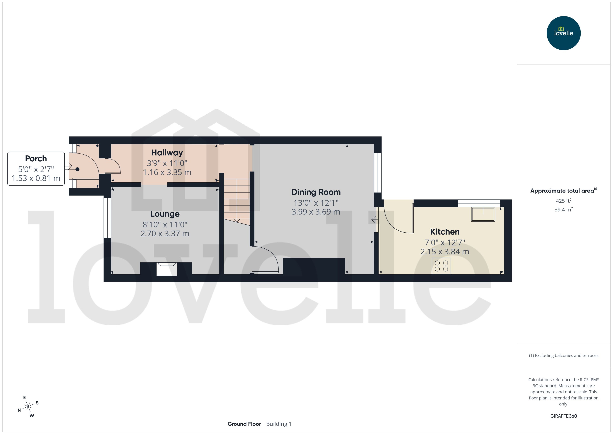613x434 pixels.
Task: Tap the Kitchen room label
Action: pos(445,232)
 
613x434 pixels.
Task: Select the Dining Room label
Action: pos(316,192)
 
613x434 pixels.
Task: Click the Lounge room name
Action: pos(165,214)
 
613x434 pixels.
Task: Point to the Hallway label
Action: pos(167,153)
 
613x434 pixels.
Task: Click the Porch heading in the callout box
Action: pos(36,158)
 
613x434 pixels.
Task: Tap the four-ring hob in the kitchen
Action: pos(441,266)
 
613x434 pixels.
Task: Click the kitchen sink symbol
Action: pos(483,214)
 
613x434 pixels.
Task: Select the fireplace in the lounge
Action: pos(167,269)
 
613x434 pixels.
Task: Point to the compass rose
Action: pos(28,407)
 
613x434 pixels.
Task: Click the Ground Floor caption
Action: pos(244,424)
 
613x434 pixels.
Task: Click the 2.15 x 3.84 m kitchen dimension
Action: pos(445,251)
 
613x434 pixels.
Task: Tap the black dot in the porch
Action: pos(77,169)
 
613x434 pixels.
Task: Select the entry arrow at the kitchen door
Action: pos(374,220)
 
